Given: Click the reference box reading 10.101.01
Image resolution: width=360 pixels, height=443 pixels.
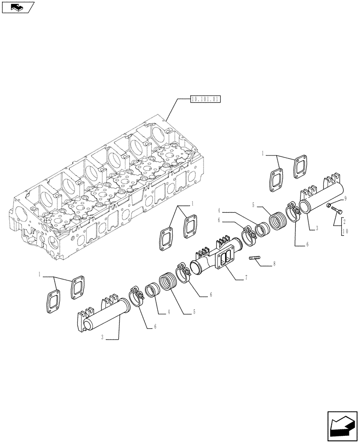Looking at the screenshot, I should (x=205, y=99).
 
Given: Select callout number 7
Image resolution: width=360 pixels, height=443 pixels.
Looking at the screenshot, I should (x=246, y=278).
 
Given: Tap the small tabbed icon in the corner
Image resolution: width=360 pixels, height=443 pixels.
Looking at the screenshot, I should (x=17, y=7).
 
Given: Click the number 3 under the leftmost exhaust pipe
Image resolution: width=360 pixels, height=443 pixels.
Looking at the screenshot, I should (x=102, y=338).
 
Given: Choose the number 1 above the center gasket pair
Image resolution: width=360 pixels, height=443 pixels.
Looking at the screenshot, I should (x=192, y=203).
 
